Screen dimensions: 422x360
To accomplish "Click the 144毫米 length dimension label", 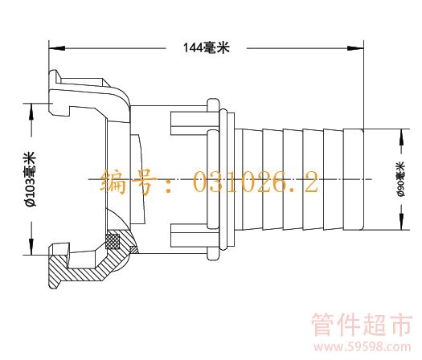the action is tap(207, 48).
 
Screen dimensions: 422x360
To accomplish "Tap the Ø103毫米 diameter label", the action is tap(31, 179).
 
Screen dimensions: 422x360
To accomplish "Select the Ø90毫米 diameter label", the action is tap(401, 179).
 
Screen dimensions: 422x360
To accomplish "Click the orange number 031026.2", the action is tap(256, 182).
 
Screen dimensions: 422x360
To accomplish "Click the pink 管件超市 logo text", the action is tap(362, 325).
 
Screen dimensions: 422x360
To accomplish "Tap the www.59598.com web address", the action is tap(363, 347).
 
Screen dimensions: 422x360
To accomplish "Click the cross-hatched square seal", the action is tap(113, 241).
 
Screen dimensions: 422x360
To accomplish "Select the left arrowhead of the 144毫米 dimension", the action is tap(57, 48).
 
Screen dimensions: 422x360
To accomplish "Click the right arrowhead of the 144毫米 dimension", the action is tap(355, 48).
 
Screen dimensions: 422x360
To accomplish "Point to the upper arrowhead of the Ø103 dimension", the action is tap(32, 112).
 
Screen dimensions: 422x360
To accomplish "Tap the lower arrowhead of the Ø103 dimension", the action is tap(32, 246).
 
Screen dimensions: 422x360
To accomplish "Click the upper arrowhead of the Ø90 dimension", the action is tap(401, 137).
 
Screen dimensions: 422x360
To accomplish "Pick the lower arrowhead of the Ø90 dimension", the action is tap(401, 222).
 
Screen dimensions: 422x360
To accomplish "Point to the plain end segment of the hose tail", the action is tap(354, 179).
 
